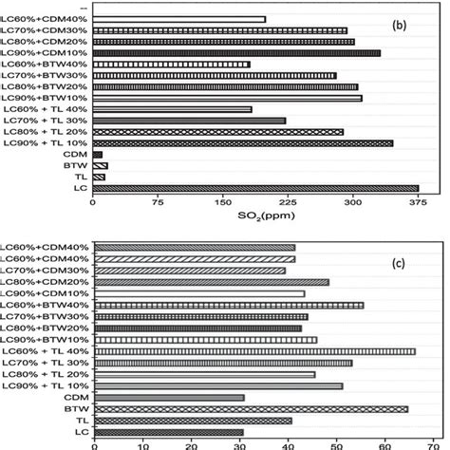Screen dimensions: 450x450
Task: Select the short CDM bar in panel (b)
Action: pos(97,154)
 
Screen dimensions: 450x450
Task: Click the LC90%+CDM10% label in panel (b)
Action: pos(46,53)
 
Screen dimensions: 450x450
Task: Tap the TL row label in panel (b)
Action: pos(83,177)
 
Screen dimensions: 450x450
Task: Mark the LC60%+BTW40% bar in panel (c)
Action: pos(229,306)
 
